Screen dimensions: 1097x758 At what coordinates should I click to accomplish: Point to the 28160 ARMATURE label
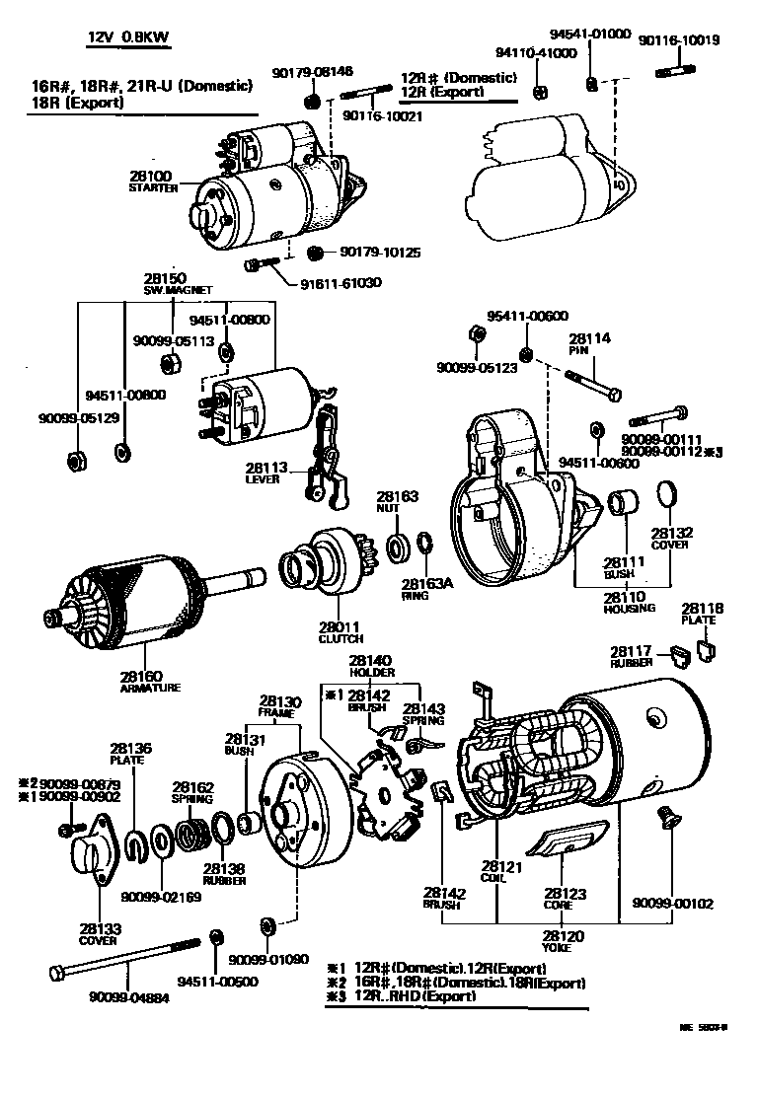tap(150, 682)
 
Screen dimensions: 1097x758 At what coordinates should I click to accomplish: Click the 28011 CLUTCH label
tap(339, 632)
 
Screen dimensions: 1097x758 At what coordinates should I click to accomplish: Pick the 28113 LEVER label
tap(265, 474)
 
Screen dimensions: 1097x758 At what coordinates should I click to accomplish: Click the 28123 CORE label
tap(565, 899)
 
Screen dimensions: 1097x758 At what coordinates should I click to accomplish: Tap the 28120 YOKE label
tap(565, 939)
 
